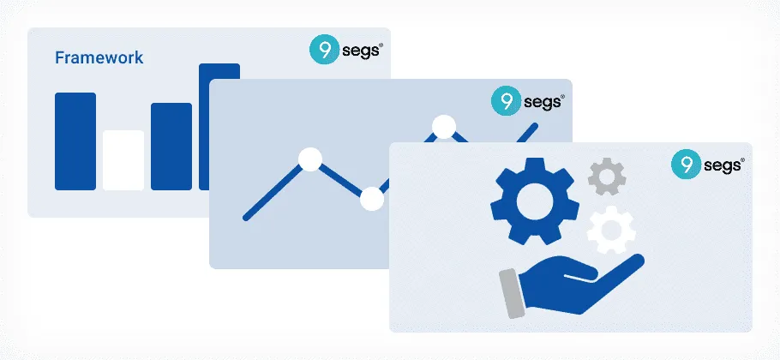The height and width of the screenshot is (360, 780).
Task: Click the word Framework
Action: coord(99,57)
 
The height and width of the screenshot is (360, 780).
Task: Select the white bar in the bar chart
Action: coord(123,160)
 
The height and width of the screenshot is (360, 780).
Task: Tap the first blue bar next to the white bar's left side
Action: coord(75,141)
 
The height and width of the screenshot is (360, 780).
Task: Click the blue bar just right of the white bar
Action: coord(171,147)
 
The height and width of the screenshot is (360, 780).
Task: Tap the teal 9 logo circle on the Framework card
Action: coord(324,50)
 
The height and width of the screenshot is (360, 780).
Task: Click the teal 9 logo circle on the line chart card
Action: coord(506,101)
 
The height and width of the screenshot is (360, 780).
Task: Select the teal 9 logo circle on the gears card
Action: coord(686,164)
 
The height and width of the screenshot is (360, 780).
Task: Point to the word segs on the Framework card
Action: coord(361,51)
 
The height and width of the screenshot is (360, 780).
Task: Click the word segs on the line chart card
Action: coord(543,102)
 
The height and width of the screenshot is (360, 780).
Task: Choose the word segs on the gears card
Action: coord(723,165)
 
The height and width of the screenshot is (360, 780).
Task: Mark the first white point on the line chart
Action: coord(310,159)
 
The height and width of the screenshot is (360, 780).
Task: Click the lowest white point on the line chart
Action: coord(372,199)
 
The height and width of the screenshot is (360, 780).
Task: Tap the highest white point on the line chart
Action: coord(444,127)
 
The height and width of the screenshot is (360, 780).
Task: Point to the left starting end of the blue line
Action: coord(246,218)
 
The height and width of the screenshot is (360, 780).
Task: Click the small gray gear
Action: coord(607,177)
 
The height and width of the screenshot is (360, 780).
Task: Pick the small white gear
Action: coord(611,230)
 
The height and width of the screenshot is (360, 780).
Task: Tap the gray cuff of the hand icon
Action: coord(512,293)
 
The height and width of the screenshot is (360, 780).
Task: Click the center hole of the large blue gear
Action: coord(535,201)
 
